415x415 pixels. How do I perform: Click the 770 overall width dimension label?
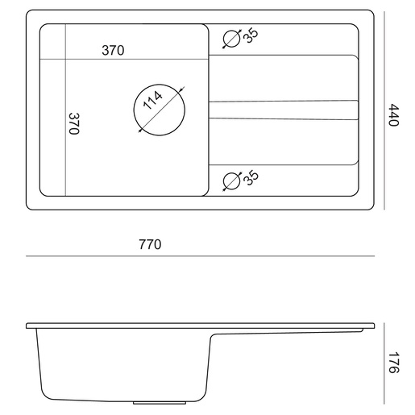(150, 244)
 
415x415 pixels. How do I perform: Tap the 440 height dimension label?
(394, 114)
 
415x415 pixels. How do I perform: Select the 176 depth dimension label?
(394, 363)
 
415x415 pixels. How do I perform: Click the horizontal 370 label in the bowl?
(113, 50)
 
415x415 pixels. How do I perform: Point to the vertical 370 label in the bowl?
(74, 123)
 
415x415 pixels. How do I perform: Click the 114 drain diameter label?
(152, 100)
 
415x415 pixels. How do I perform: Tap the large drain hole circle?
(160, 85)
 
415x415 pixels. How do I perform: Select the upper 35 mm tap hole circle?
(231, 31)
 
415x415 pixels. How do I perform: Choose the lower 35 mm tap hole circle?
(231, 172)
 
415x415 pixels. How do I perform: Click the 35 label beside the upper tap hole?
(251, 35)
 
